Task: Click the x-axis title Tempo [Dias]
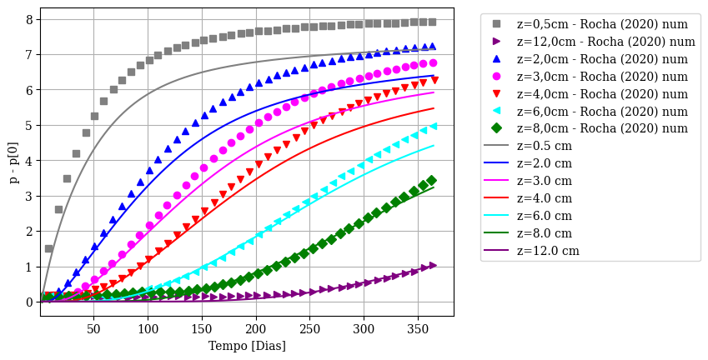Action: pyautogui.click(x=247, y=346)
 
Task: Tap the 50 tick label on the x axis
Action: pyautogui.click(x=93, y=329)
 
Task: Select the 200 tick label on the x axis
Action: pyautogui.click(x=255, y=329)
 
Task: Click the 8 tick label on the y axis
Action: pyautogui.click(x=28, y=19)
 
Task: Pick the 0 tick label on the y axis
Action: pyautogui.click(x=28, y=302)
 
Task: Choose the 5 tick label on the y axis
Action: pyautogui.click(x=28, y=125)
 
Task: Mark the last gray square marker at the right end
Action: pyautogui.click(x=432, y=22)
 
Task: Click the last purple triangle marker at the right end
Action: pyautogui.click(x=432, y=266)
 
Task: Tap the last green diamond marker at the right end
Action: pyautogui.click(x=431, y=181)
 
